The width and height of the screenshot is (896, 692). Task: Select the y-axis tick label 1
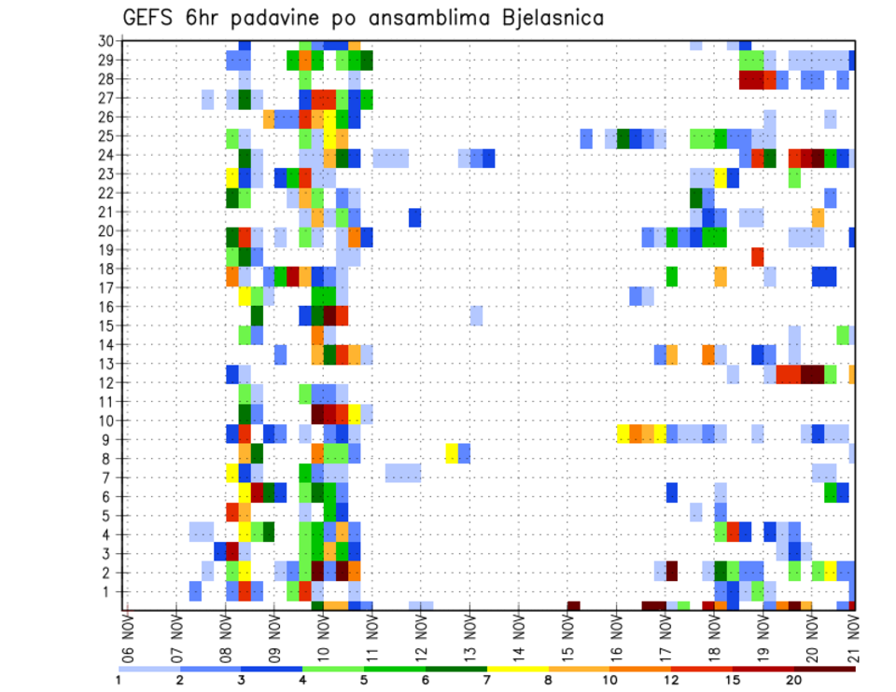pos(109,591)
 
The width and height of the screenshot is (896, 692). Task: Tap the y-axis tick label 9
pos(109,439)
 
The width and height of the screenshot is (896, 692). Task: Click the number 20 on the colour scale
pos(794,680)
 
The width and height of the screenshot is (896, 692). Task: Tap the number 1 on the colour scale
pos(119,680)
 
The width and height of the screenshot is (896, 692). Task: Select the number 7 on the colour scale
pos(486,680)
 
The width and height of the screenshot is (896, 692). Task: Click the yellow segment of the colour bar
pos(517,669)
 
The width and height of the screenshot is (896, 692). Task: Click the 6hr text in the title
pos(211,17)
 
